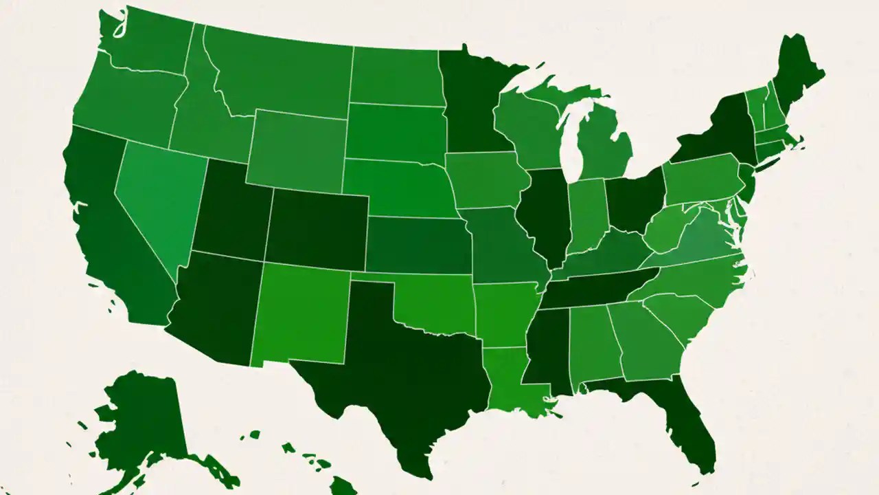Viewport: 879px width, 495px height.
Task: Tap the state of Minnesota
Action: coord(474,103)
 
